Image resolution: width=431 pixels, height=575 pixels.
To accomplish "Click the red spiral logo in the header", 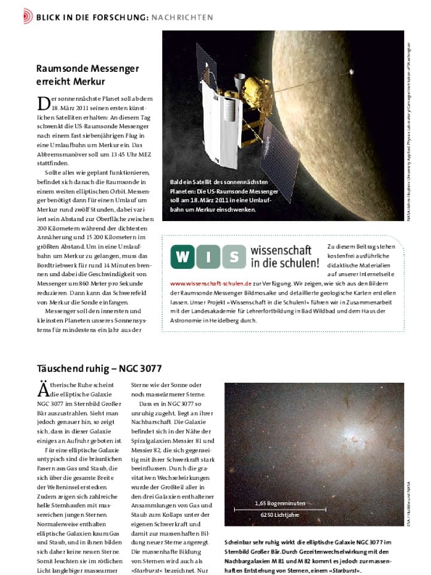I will click(x=28, y=17).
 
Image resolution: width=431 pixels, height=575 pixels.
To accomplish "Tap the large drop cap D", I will click(x=43, y=103).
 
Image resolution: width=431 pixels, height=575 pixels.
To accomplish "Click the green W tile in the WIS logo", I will click(x=183, y=257).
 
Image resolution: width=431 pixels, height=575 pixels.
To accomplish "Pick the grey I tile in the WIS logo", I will click(x=207, y=257).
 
